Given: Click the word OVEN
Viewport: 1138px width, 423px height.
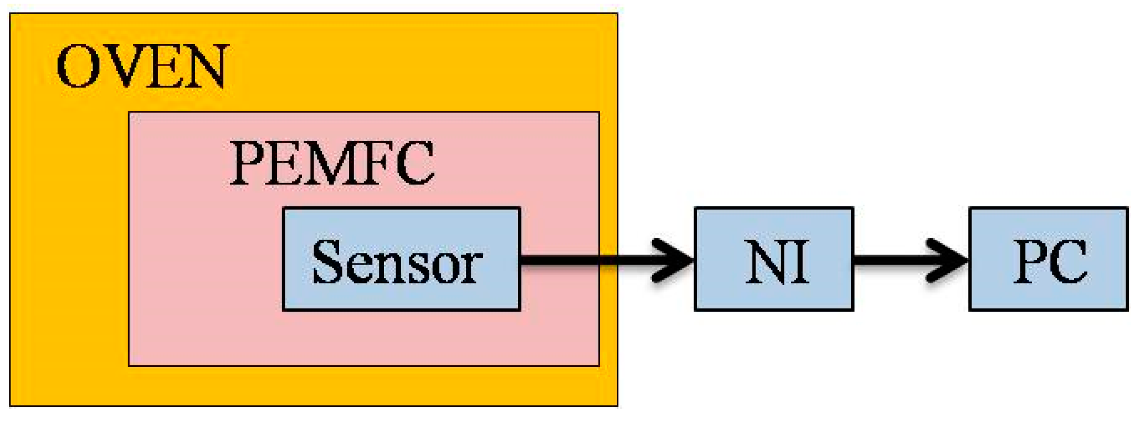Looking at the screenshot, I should pos(142,67).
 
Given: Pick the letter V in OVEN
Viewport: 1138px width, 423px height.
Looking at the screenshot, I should pos(121,67).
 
